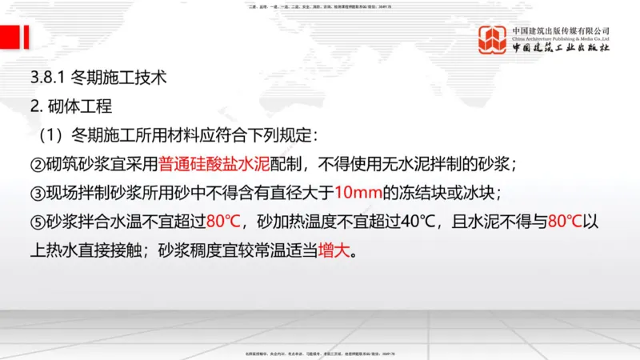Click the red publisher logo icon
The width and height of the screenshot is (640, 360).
click(x=492, y=40)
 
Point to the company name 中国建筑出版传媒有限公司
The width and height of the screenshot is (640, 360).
click(x=561, y=30)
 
